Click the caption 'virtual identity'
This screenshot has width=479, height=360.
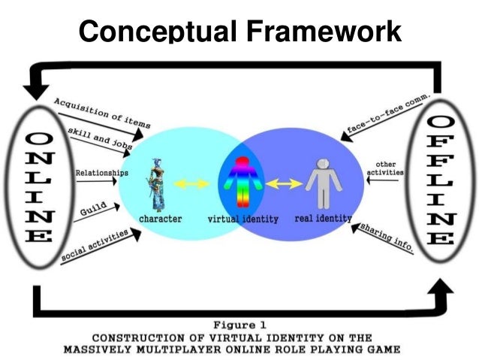point(242,219)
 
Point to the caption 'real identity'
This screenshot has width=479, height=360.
point(324,218)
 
